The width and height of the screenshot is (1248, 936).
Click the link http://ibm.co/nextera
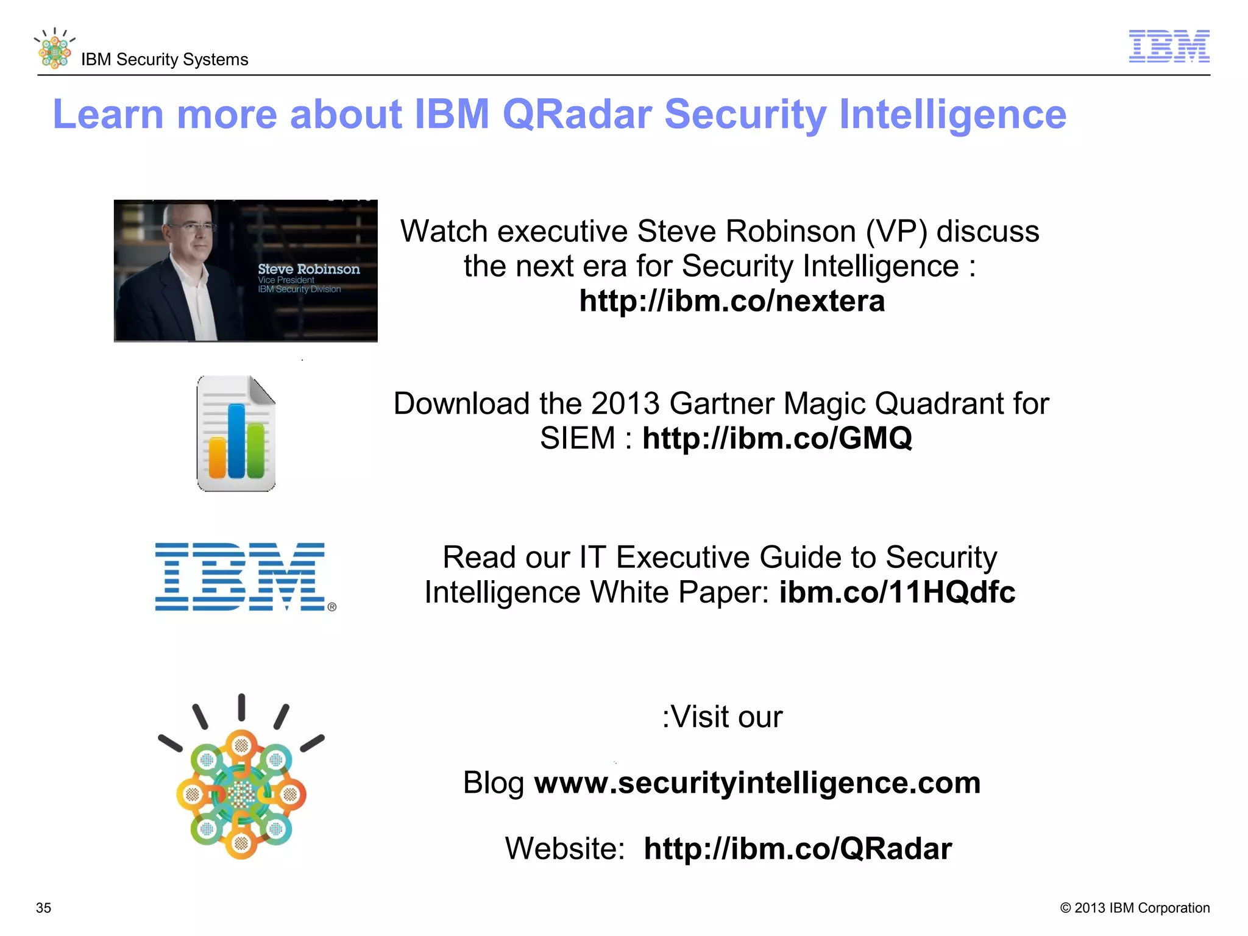732,301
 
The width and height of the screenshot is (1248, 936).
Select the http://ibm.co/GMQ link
777,438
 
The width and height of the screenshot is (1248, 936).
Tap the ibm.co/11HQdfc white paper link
897,592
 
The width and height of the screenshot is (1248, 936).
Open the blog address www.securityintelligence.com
757,783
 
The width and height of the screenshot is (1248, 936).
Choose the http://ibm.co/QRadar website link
798,849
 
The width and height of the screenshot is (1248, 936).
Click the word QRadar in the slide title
576,115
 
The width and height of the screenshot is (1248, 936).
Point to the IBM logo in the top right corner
1169,46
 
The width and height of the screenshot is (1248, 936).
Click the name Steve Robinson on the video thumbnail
308,269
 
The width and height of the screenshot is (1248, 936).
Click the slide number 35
44,908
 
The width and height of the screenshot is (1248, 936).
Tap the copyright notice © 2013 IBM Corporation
1135,908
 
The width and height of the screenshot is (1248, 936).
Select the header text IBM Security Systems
165,60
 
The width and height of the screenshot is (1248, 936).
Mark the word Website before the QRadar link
565,849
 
